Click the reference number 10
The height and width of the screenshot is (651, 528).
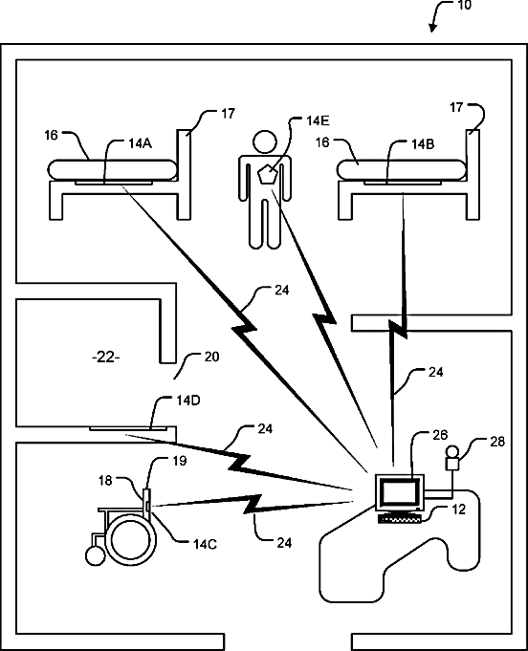click(x=464, y=5)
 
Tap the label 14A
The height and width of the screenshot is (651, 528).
click(x=140, y=143)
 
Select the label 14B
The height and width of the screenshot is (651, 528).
click(x=423, y=144)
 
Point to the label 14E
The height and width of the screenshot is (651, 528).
click(x=318, y=120)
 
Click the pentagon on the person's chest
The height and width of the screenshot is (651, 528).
click(x=267, y=174)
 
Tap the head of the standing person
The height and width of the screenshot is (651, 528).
click(x=265, y=142)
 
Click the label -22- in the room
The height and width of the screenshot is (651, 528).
click(x=105, y=358)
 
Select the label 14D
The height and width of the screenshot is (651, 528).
click(x=188, y=401)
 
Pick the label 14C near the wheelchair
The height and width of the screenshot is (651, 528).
click(x=205, y=544)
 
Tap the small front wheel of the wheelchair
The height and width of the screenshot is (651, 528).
click(x=95, y=555)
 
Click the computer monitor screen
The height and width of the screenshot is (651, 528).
click(x=399, y=492)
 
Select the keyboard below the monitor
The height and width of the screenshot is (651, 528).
click(x=399, y=519)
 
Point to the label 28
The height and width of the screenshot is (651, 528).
click(x=497, y=442)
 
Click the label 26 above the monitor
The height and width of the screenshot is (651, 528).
click(x=440, y=435)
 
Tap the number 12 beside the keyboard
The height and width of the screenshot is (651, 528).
click(x=458, y=510)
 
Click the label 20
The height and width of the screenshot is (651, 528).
click(x=211, y=358)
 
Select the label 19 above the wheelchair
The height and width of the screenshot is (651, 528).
click(x=180, y=461)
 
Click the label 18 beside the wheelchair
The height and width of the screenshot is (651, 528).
click(x=105, y=481)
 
